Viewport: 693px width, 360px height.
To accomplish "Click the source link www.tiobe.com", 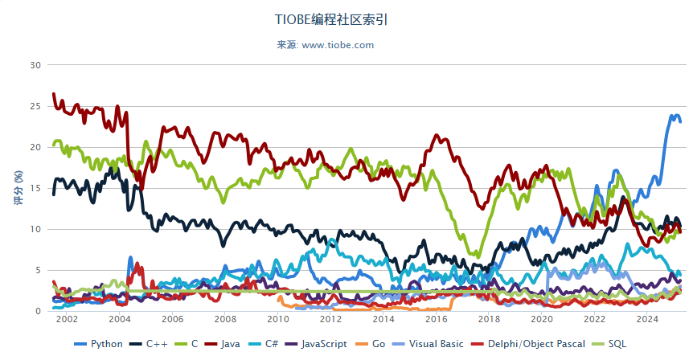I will coord(338,45).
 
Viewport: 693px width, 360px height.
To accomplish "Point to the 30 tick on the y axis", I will coord(35,64).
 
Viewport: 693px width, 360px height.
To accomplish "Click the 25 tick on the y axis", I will coord(35,106).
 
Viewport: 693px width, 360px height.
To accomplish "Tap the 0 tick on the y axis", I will coord(37,311).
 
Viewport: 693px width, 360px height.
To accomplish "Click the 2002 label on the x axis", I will coord(66,319).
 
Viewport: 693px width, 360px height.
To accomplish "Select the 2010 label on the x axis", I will coord(277,319).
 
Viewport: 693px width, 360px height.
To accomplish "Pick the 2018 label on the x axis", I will coord(489,319).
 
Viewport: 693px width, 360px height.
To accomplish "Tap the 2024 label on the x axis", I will coord(647,319).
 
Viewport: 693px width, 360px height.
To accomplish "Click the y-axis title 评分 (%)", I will coord(18,188).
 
